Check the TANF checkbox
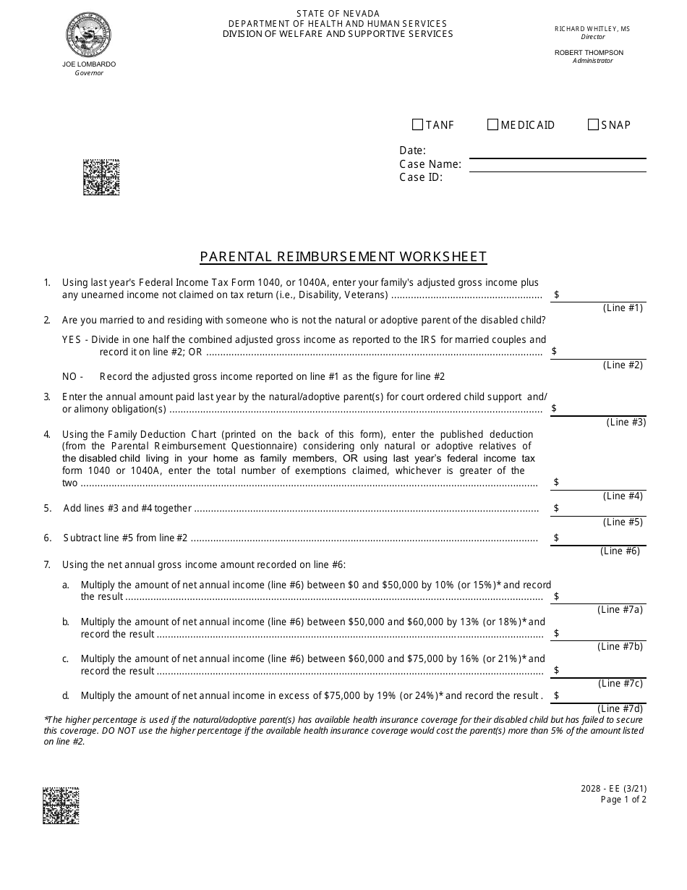pyautogui.click(x=417, y=124)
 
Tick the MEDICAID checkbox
pyautogui.click(x=493, y=124)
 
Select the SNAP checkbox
pyautogui.click(x=593, y=124)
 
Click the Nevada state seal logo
pyautogui.click(x=89, y=35)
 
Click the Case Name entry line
pyautogui.click(x=557, y=164)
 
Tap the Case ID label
pyautogui.click(x=421, y=177)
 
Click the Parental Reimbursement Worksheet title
pyautogui.click(x=343, y=256)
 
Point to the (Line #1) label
pyautogui.click(x=623, y=308)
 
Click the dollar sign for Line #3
pyautogui.click(x=554, y=408)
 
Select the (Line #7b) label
pyautogui.click(x=620, y=646)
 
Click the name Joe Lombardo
pyautogui.click(x=89, y=64)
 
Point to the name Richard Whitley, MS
pyautogui.click(x=592, y=29)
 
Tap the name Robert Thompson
pyautogui.click(x=589, y=53)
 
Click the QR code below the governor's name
pyautogui.click(x=101, y=177)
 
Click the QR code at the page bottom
pyautogui.click(x=61, y=805)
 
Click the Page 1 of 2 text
pyautogui.click(x=623, y=800)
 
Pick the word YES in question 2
pyautogui.click(x=72, y=339)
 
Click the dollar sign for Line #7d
pyautogui.click(x=556, y=695)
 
